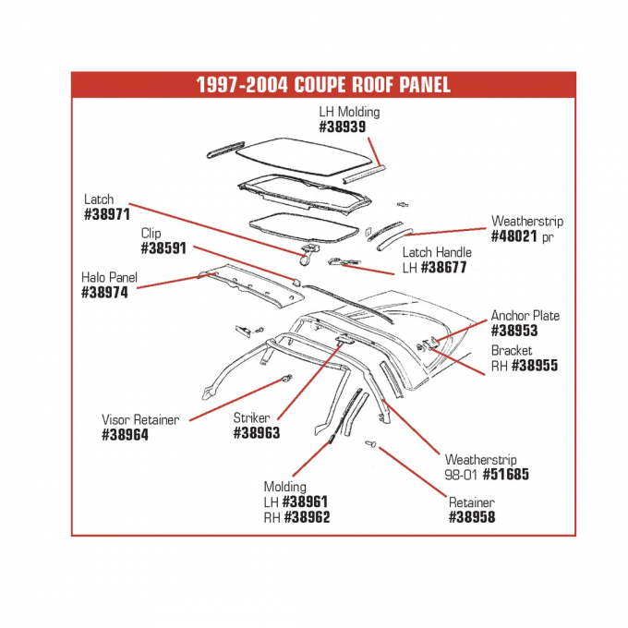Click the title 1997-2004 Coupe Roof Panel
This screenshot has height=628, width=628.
click(x=323, y=84)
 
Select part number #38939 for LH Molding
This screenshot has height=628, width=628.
click(x=348, y=127)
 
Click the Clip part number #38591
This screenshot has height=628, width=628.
click(x=164, y=249)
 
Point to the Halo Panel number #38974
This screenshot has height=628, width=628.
click(x=104, y=293)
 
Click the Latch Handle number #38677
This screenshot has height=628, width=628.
click(x=447, y=268)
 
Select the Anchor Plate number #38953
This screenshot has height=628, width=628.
click(x=514, y=331)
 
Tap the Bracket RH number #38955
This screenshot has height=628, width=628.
click(x=536, y=366)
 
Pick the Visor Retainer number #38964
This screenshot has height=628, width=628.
click(x=125, y=435)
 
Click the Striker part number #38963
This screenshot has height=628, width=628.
click(x=256, y=433)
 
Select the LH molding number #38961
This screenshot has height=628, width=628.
click(x=306, y=501)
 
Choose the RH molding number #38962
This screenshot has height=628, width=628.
click(x=307, y=517)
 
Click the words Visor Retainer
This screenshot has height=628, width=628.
click(x=140, y=419)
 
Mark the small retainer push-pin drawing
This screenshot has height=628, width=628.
click(x=372, y=446)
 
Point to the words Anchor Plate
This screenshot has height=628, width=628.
click(x=525, y=315)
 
